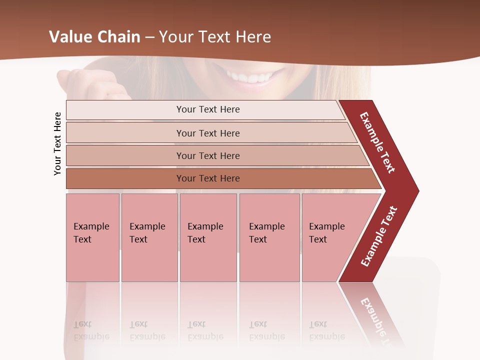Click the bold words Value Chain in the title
(x=94, y=37)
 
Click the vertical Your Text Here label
(x=57, y=143)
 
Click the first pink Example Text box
(x=92, y=237)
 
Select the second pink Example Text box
(x=149, y=237)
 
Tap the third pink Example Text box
(x=208, y=237)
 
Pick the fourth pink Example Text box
(x=269, y=237)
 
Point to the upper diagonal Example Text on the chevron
(x=377, y=142)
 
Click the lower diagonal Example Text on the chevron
(x=378, y=236)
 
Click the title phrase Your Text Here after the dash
(x=215, y=37)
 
